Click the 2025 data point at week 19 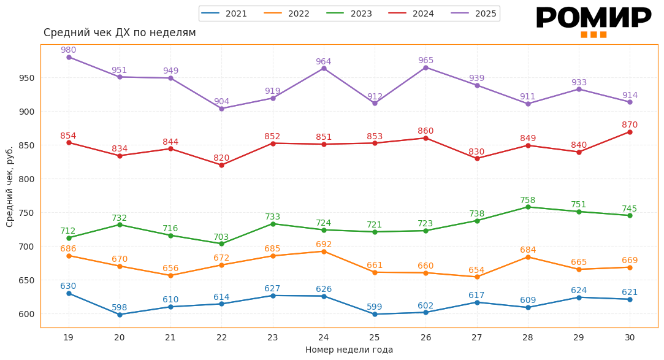(x=69, y=58)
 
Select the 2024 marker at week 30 (x=630, y=132)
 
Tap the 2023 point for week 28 (x=528, y=207)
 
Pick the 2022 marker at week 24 (x=324, y=251)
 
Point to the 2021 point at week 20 (x=120, y=315)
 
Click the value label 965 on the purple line (x=425, y=61)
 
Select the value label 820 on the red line (x=221, y=158)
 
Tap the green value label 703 (x=221, y=237)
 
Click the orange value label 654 (x=476, y=270)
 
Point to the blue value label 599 (x=375, y=307)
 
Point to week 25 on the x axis (x=375, y=337)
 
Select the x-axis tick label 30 (x=630, y=337)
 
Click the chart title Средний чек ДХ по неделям (x=120, y=33)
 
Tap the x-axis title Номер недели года (x=349, y=350)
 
